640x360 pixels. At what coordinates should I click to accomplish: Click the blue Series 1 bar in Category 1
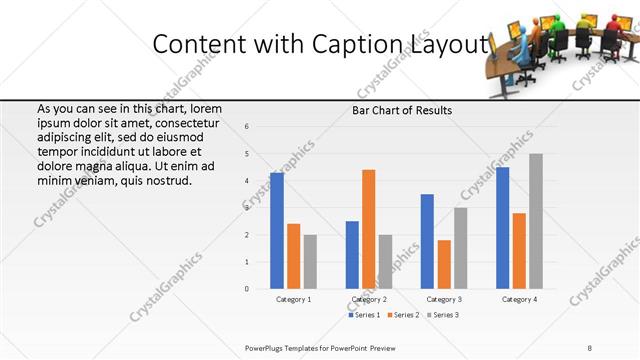click(x=277, y=231)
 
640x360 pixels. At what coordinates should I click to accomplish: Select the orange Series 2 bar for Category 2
click(x=369, y=229)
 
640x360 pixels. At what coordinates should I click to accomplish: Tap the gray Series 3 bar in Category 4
click(x=536, y=221)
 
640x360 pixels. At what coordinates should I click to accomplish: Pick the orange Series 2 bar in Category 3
click(x=444, y=264)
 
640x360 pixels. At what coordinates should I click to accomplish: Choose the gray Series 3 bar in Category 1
click(x=310, y=262)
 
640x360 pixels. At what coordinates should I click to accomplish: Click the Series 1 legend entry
click(x=364, y=315)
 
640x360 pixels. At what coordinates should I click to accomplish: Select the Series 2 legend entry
click(x=403, y=315)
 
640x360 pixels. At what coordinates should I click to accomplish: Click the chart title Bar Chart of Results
click(x=402, y=111)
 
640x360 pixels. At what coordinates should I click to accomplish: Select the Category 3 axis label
click(x=443, y=299)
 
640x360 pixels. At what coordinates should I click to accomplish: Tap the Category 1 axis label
click(x=293, y=299)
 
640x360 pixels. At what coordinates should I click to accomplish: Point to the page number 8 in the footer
click(x=590, y=348)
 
